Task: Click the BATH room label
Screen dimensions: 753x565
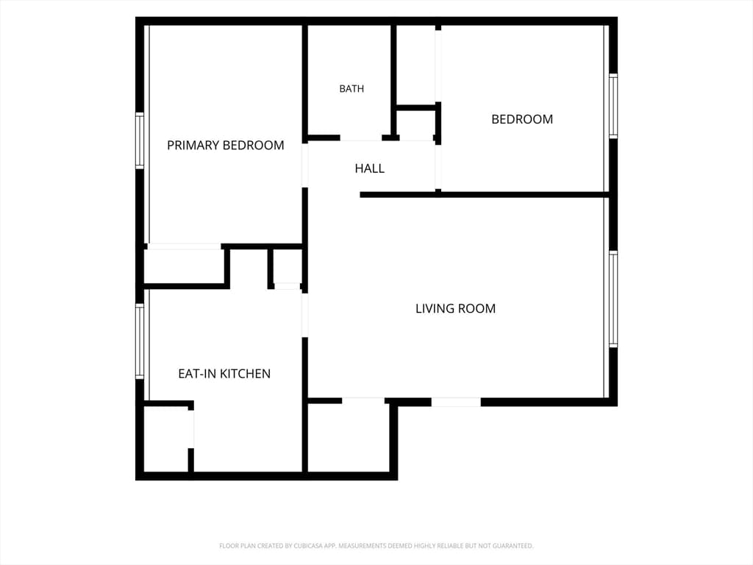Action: point(351,88)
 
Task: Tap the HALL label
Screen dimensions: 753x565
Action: point(369,168)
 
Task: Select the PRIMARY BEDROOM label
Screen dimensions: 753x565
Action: point(225,145)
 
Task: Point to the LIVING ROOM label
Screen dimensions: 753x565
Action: point(455,308)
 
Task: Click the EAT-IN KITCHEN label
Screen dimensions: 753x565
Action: point(224,374)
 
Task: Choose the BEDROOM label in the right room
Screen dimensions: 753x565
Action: point(522,119)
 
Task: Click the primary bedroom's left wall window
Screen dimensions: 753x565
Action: point(140,141)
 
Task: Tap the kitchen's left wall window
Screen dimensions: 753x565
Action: point(140,341)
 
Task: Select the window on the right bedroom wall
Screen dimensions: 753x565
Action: point(613,106)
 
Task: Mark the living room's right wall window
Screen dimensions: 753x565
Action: point(613,299)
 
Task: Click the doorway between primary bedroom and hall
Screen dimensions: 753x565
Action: point(305,166)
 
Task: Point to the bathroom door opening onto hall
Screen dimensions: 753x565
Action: point(360,138)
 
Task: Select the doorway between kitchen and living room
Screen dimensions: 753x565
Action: point(305,315)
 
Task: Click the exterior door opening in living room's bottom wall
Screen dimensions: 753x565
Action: point(456,402)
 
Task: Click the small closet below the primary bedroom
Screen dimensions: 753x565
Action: point(184,266)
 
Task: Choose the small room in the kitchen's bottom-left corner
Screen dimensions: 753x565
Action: point(165,439)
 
